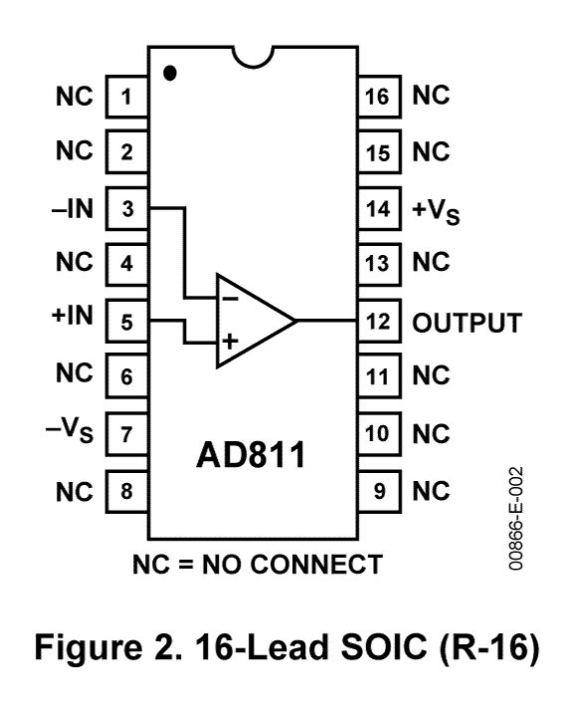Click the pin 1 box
pyautogui.click(x=126, y=97)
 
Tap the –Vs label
pyautogui.click(x=73, y=434)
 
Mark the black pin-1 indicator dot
pyautogui.click(x=170, y=73)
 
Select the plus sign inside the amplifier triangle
pyautogui.click(x=229, y=342)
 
